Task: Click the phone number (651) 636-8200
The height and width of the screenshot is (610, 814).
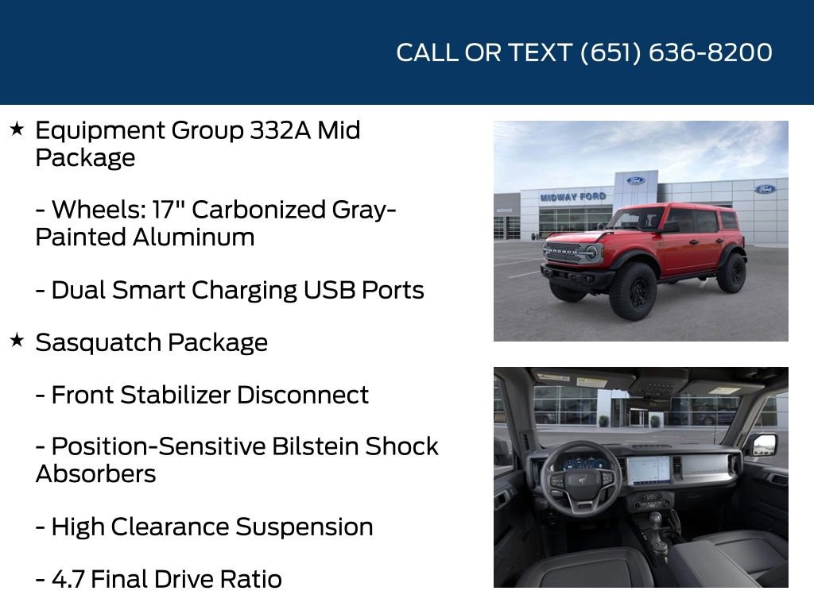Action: point(676,52)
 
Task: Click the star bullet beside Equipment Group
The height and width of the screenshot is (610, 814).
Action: point(17,129)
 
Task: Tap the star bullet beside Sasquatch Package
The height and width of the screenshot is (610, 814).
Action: point(17,341)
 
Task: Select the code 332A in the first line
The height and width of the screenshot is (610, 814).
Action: point(281,130)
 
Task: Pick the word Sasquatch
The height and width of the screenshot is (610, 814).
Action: point(88,342)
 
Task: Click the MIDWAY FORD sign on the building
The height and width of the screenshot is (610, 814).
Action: point(572,196)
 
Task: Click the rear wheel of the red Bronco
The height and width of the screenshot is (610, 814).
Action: point(731,273)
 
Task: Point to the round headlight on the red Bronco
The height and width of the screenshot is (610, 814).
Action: point(591,253)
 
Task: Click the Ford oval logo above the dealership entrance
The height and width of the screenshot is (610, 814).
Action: point(635,180)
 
